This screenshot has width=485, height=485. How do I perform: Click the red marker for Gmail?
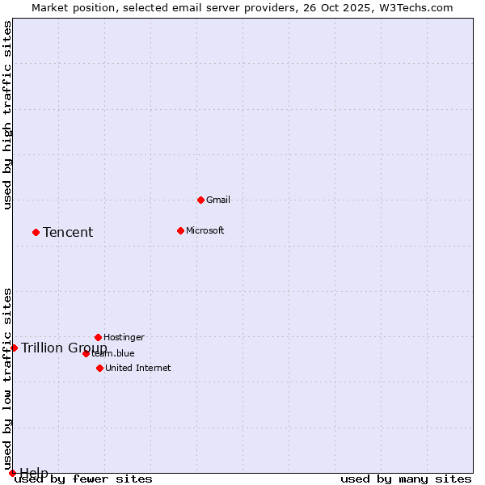pyautogui.click(x=200, y=200)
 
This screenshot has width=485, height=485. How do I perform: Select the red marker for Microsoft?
pyautogui.click(x=180, y=230)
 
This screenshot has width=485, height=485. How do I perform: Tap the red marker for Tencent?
pyautogui.click(x=36, y=232)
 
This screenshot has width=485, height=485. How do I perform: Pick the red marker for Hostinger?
pyautogui.click(x=98, y=337)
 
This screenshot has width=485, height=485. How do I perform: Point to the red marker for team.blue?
pyautogui.click(x=86, y=353)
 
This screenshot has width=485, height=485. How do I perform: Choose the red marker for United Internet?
pyautogui.click(x=99, y=368)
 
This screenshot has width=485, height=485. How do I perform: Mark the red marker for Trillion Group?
pyautogui.click(x=14, y=348)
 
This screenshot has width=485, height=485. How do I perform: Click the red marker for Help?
pyautogui.click(x=12, y=473)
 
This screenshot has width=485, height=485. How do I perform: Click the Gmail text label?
pyautogui.click(x=218, y=200)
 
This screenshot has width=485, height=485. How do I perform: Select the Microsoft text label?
pyautogui.click(x=205, y=230)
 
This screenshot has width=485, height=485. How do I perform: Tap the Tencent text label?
pyautogui.click(x=68, y=233)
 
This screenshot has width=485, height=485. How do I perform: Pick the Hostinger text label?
pyautogui.click(x=124, y=337)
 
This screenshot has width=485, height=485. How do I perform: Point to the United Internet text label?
pyautogui.click(x=138, y=368)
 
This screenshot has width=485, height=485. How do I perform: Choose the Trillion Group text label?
pyautogui.click(x=64, y=348)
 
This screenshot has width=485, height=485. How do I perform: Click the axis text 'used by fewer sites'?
pyautogui.click(x=84, y=479)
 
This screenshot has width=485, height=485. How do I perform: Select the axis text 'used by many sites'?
pyautogui.click(x=406, y=479)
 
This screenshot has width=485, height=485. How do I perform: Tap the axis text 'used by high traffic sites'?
pyautogui.click(x=8, y=115)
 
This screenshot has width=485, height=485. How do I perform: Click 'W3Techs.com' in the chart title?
pyautogui.click(x=415, y=8)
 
